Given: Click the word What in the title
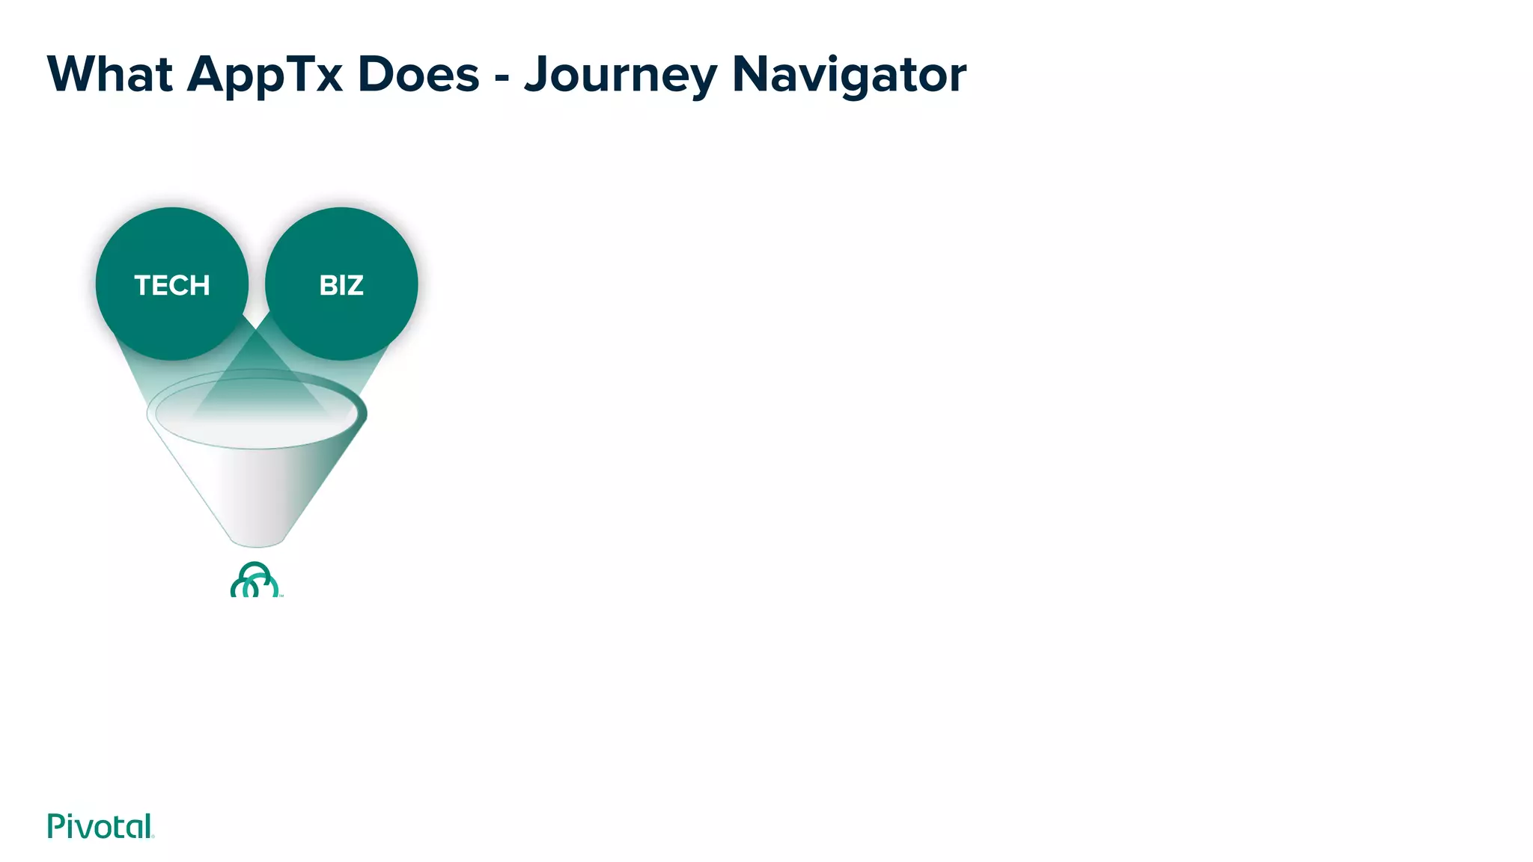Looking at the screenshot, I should [x=110, y=75].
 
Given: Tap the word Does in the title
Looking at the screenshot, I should [x=418, y=75].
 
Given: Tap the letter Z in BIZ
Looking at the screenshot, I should [x=354, y=285].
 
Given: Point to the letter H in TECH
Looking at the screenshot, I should [x=199, y=285].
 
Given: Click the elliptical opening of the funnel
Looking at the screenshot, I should [x=257, y=412].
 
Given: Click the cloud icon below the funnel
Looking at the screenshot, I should [x=255, y=581].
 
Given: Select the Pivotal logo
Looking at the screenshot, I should [x=100, y=826].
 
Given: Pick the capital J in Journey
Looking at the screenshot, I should [x=536, y=75].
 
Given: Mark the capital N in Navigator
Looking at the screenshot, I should [x=749, y=75].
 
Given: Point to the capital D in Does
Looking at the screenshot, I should [x=376, y=75].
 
